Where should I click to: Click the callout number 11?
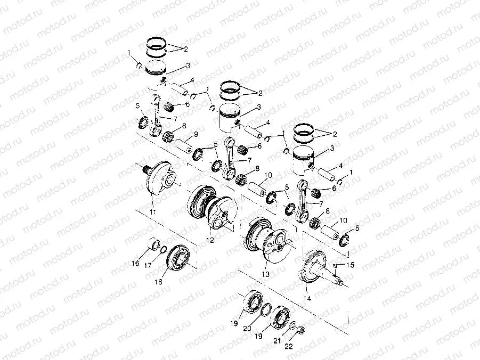pyautogui.click(x=153, y=212)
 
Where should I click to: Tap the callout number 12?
pyautogui.click(x=210, y=240)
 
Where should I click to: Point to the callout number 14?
pyautogui.click(x=307, y=299)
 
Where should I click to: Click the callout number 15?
pyautogui.click(x=350, y=265)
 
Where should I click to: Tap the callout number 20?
pyautogui.click(x=246, y=329)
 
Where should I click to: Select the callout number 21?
pyautogui.click(x=276, y=341)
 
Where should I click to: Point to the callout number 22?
pyautogui.click(x=289, y=347)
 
